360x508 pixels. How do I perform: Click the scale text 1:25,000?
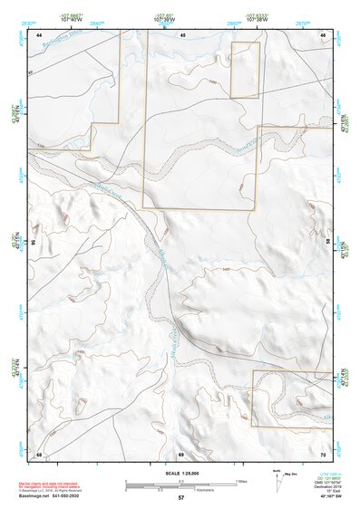click(x=180, y=473)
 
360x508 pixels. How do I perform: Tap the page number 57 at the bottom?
click(x=181, y=498)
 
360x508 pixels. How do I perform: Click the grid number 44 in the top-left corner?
click(x=40, y=34)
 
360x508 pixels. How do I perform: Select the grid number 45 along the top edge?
click(x=182, y=34)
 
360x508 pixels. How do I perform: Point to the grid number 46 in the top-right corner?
click(x=324, y=34)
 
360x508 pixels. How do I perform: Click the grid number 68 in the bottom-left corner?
click(x=40, y=453)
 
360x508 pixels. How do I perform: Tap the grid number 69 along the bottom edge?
click(x=181, y=453)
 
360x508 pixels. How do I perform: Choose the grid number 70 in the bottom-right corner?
click(x=324, y=453)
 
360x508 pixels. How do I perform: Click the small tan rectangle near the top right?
click(x=245, y=70)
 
